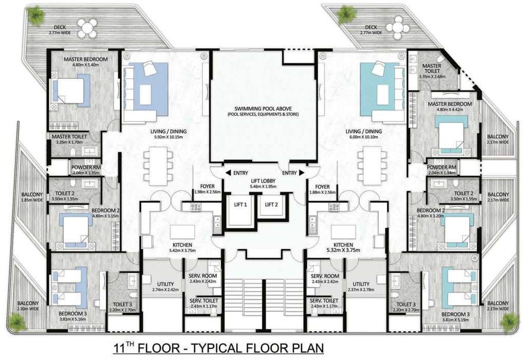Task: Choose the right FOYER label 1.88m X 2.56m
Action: pos(322,190)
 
